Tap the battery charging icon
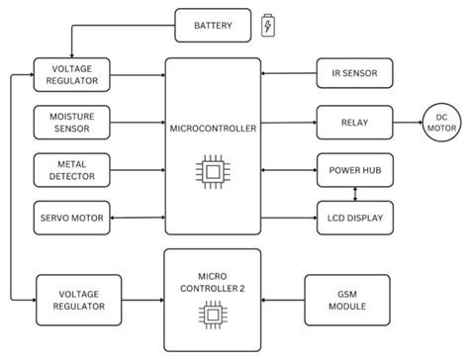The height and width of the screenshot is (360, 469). click(x=268, y=26)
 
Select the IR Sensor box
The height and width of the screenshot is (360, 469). click(x=354, y=73)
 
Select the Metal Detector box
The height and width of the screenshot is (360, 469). click(x=71, y=169)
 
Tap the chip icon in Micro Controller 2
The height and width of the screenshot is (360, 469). click(x=212, y=315)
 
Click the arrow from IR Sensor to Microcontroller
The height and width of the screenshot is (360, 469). click(x=288, y=73)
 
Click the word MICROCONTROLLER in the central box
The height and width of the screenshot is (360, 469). click(x=212, y=128)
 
